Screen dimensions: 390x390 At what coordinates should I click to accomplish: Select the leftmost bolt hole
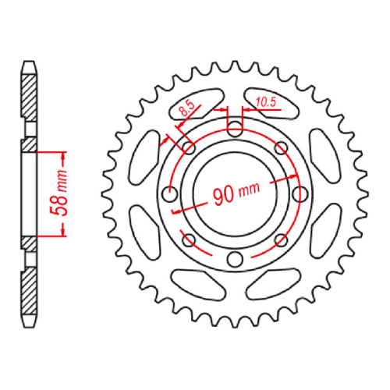[x=166, y=194]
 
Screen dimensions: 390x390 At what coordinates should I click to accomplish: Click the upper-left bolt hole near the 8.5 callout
[x=186, y=147]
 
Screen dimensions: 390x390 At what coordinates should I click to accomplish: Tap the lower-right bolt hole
[x=282, y=242]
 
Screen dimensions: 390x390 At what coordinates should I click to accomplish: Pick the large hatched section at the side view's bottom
[x=28, y=292]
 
